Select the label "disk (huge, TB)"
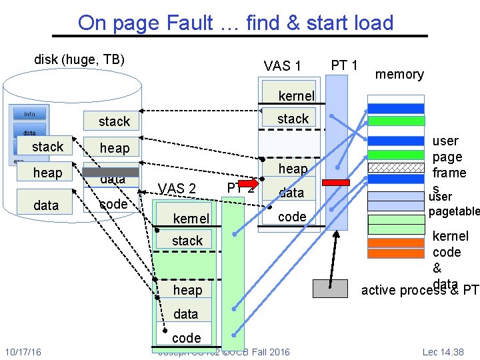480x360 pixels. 79,59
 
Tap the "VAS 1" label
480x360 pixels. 283,65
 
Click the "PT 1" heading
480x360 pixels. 345,65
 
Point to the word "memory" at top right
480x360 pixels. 399,74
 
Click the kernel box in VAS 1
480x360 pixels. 289,96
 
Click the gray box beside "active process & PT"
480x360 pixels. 331,288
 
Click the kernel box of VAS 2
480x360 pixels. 191,219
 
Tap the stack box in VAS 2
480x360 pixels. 187,241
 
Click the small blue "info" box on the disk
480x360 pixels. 30,113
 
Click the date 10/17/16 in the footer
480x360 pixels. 23,351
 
